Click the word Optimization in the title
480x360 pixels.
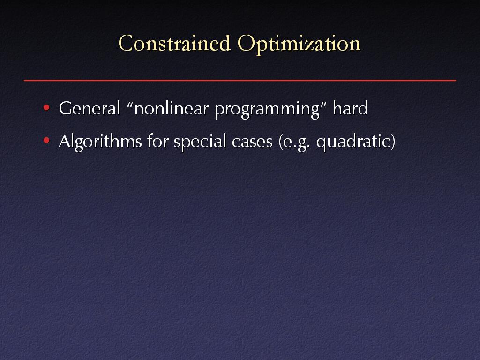[299, 45]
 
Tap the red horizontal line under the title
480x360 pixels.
[240, 80]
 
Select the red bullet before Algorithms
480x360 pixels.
[46, 141]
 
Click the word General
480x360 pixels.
[90, 108]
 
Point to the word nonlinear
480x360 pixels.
[172, 108]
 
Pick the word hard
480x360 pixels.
[350, 108]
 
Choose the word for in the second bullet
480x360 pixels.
[157, 141]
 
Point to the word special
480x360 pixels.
[200, 142]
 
